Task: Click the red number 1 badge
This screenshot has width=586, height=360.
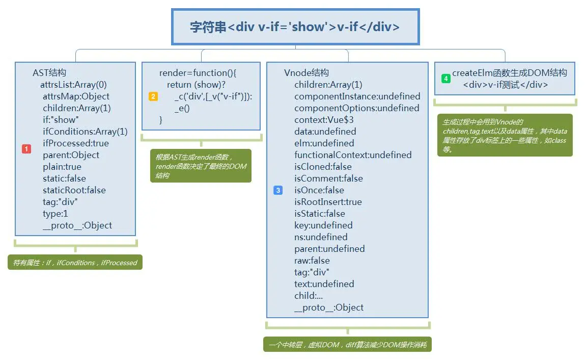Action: point(26,149)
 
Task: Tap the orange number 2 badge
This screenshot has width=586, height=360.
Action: point(153,96)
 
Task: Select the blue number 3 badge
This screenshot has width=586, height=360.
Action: point(278,190)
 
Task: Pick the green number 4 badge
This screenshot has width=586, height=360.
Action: point(445,79)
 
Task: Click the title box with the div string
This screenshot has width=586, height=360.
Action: point(295,27)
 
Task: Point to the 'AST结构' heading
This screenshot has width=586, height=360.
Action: point(49,72)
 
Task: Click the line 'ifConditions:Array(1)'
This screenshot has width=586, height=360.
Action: point(85,132)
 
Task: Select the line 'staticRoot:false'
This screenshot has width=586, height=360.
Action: point(74,190)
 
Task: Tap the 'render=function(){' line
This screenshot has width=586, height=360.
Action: point(198,72)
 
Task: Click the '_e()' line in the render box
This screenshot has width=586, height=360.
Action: point(182,108)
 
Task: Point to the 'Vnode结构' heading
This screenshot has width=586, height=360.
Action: point(306,72)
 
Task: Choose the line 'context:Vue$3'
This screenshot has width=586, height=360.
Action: point(324,120)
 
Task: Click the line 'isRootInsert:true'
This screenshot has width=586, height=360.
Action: point(328,202)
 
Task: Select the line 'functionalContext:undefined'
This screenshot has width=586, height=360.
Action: point(353,155)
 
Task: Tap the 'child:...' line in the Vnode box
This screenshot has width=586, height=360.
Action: point(309,296)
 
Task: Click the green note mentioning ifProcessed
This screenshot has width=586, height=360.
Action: point(75,262)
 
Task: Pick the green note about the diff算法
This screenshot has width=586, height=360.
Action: point(348,344)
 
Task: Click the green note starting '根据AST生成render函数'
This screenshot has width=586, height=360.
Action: point(201,166)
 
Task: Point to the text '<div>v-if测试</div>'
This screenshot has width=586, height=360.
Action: point(506,85)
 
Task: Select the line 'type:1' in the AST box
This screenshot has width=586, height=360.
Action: point(55,214)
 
